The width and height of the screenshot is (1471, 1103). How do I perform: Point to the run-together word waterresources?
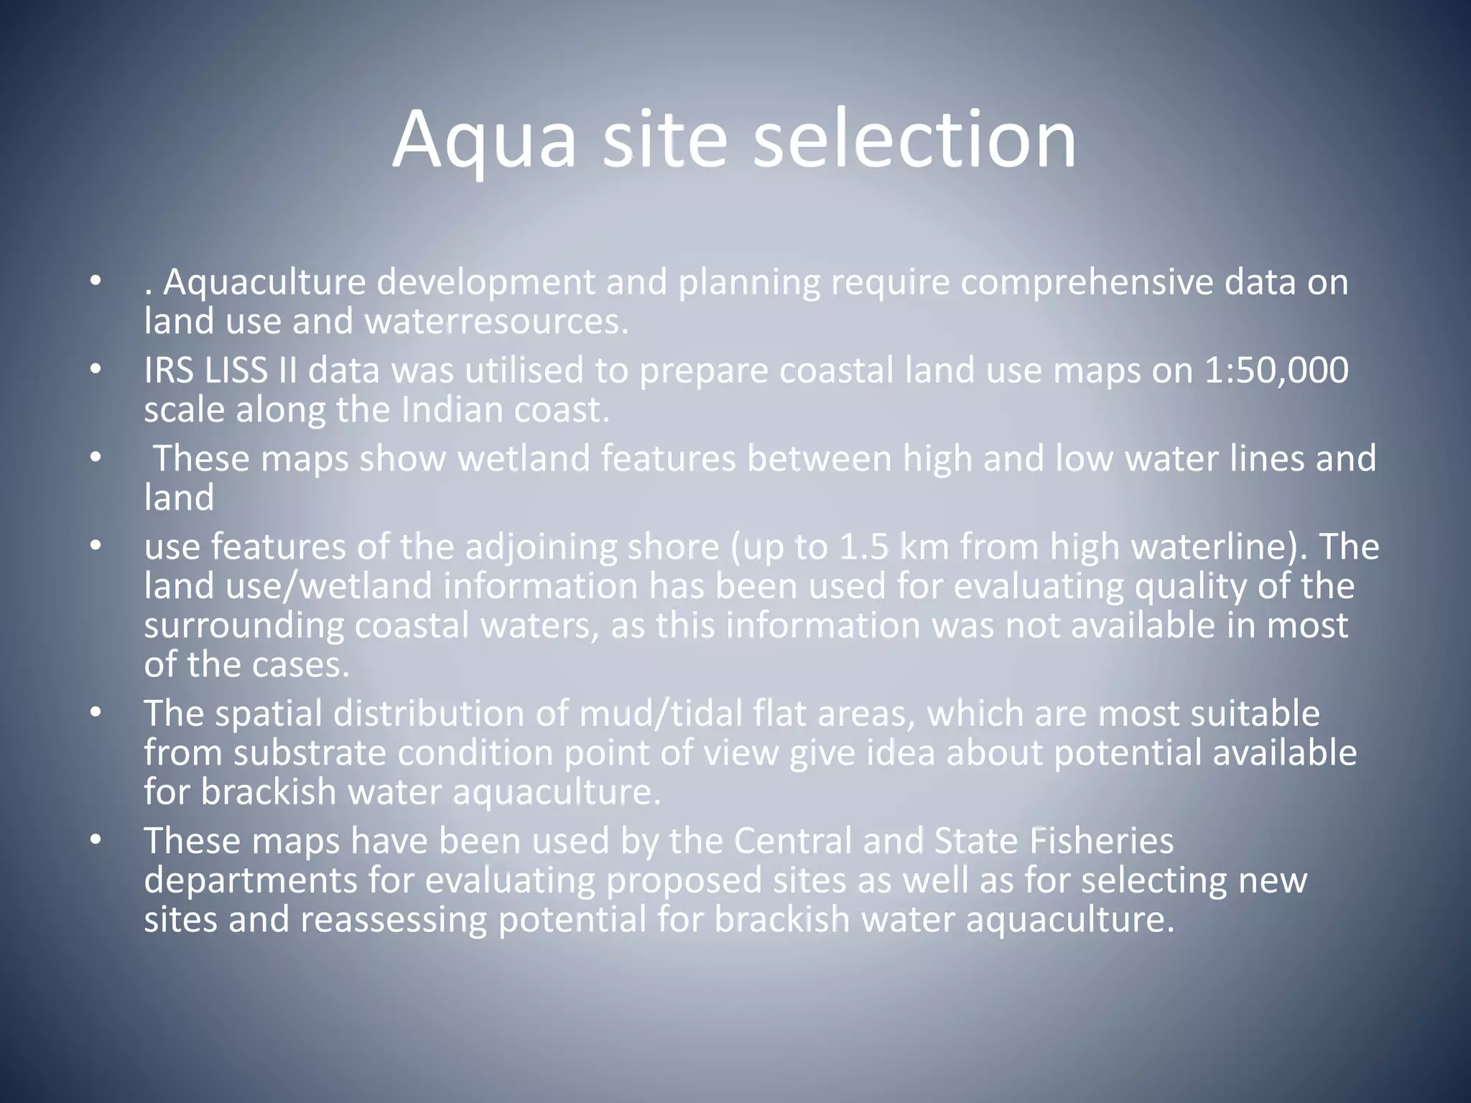pyautogui.click(x=496, y=322)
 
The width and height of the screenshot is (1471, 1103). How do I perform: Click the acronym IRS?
pyautogui.click(x=167, y=371)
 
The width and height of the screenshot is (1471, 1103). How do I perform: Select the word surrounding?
pyautogui.click(x=243, y=626)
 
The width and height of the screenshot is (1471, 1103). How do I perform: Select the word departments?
pyautogui.click(x=250, y=881)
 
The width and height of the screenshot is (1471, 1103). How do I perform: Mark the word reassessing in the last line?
pyautogui.click(x=394, y=920)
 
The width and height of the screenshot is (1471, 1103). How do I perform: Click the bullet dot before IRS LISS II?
pyautogui.click(x=96, y=371)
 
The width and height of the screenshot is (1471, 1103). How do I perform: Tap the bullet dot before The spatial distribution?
pyautogui.click(x=96, y=715)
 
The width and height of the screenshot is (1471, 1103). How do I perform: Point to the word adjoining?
pyautogui.click(x=541, y=549)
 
